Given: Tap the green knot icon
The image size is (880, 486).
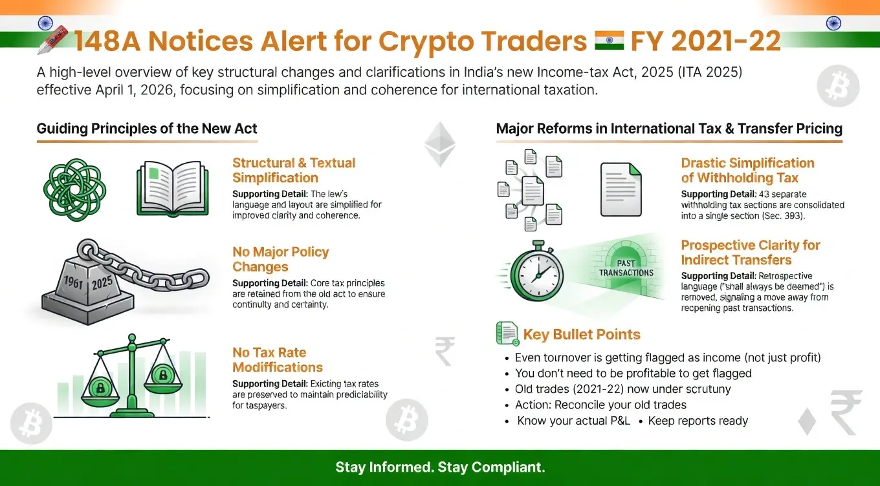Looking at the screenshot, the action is pyautogui.click(x=74, y=190).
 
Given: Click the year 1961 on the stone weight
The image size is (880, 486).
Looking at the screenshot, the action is pyautogui.click(x=72, y=281).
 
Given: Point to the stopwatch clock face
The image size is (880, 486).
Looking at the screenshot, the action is pyautogui.click(x=537, y=274).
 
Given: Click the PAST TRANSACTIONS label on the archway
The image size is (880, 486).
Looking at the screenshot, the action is pyautogui.click(x=626, y=268).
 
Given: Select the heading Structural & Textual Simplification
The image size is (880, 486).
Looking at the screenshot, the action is pyautogui.click(x=294, y=170).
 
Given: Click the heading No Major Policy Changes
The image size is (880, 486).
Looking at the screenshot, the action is pyautogui.click(x=281, y=259).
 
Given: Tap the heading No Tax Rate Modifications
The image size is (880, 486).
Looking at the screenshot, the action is pyautogui.click(x=278, y=360).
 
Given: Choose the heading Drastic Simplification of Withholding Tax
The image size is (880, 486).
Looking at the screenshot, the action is pyautogui.click(x=747, y=170).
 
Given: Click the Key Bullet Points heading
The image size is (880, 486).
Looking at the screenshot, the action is pyautogui.click(x=582, y=334).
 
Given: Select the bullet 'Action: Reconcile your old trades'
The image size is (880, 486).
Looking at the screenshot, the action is pyautogui.click(x=600, y=405).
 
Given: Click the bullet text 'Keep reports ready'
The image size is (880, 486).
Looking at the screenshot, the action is pyautogui.click(x=698, y=421).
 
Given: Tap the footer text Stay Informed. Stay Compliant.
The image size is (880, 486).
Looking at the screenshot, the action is pyautogui.click(x=440, y=467).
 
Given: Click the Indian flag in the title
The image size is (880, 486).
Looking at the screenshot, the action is pyautogui.click(x=609, y=41).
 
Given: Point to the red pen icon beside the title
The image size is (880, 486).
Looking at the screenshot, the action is pyautogui.click(x=52, y=39).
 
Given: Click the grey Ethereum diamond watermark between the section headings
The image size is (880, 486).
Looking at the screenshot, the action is pyautogui.click(x=440, y=144).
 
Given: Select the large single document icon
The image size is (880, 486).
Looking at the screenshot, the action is pyautogui.click(x=621, y=189).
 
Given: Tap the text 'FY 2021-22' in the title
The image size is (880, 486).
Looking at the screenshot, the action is pyautogui.click(x=705, y=41).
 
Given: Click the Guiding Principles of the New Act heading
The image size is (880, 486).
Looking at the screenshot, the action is pyautogui.click(x=147, y=128).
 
